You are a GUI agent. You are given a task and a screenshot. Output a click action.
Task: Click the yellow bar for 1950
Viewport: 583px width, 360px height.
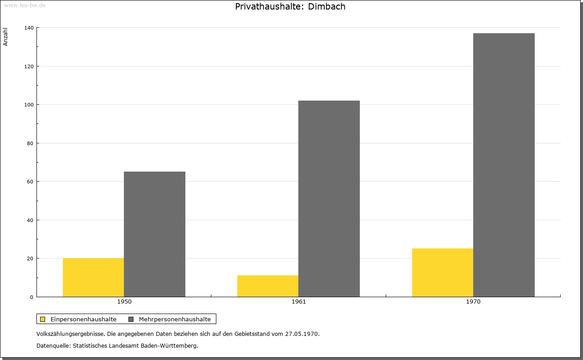pyautogui.click(x=93, y=277)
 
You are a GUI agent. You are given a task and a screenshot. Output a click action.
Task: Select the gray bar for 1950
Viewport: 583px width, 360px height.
pyautogui.click(x=154, y=234)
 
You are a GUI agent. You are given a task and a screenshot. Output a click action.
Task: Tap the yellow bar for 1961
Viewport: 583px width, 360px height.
pyautogui.click(x=268, y=286)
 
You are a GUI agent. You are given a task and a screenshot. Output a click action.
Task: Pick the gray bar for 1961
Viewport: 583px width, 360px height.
pyautogui.click(x=329, y=199)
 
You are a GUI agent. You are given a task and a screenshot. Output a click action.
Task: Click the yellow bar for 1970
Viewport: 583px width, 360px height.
pyautogui.click(x=443, y=273)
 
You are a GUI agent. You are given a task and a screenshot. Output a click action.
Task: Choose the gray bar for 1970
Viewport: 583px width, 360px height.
pyautogui.click(x=504, y=165)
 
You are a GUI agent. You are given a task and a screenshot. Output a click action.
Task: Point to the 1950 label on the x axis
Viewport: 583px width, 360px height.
pyautogui.click(x=124, y=302)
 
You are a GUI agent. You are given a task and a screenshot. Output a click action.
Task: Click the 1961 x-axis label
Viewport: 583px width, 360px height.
pyautogui.click(x=299, y=302)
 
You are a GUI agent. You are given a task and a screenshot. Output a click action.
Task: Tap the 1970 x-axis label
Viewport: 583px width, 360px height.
pyautogui.click(x=473, y=302)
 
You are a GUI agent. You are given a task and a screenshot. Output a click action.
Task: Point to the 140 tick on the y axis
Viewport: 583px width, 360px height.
pyautogui.click(x=29, y=28)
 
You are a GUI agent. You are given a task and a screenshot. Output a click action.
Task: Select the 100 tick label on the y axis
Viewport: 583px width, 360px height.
pyautogui.click(x=29, y=105)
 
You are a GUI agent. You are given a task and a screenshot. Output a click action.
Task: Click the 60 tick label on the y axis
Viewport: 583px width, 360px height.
pyautogui.click(x=30, y=182)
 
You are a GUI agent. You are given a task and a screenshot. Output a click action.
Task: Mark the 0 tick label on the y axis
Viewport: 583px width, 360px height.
pyautogui.click(x=32, y=297)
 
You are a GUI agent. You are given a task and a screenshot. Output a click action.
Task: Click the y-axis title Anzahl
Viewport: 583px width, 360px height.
pyautogui.click(x=5, y=37)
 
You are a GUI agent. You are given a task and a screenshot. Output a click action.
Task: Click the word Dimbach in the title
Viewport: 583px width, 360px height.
pyautogui.click(x=327, y=6)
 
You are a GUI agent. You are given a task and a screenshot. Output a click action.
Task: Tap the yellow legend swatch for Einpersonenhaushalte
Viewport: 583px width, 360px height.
pyautogui.click(x=42, y=319)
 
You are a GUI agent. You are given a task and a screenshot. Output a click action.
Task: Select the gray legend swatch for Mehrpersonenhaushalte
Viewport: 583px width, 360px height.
pyautogui.click(x=131, y=319)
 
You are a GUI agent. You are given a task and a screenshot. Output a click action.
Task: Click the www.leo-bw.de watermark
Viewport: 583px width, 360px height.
pyautogui.click(x=25, y=5)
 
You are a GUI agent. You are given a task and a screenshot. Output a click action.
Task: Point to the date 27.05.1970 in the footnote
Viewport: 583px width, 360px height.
pyautogui.click(x=302, y=334)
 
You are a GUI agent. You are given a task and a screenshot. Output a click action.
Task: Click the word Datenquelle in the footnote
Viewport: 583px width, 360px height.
pyautogui.click(x=54, y=346)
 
